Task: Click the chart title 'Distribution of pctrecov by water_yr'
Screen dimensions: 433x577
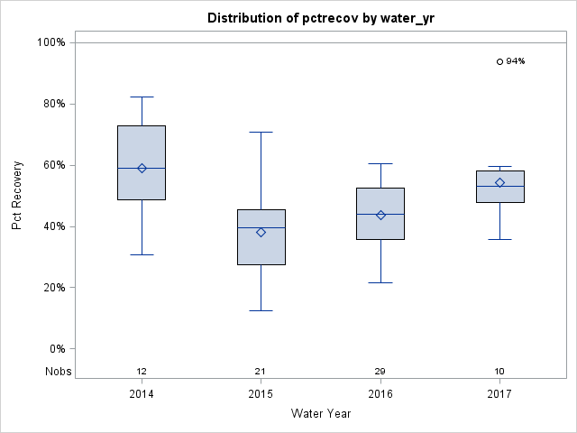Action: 320,18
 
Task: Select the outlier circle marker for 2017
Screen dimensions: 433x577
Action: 499,61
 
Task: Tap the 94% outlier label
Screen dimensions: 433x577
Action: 515,61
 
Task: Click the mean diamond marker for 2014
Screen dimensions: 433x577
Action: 142,168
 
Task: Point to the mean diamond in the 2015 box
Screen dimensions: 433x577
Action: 261,232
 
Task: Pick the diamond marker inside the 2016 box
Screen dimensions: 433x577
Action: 380,215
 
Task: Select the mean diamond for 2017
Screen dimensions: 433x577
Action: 499,182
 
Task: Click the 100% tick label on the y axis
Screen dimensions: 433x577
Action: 50,42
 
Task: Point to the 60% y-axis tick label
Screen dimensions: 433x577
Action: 52,165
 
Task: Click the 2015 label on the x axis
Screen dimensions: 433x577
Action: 261,394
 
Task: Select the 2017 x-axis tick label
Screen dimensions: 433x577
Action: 499,394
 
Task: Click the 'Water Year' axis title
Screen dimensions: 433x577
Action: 320,414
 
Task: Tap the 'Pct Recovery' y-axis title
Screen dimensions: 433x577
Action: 18,196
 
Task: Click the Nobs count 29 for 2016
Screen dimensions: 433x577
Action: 380,372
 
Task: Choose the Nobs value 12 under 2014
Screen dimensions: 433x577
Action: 142,372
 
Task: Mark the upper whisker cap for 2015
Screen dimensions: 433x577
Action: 261,132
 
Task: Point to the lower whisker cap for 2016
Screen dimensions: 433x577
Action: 380,282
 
